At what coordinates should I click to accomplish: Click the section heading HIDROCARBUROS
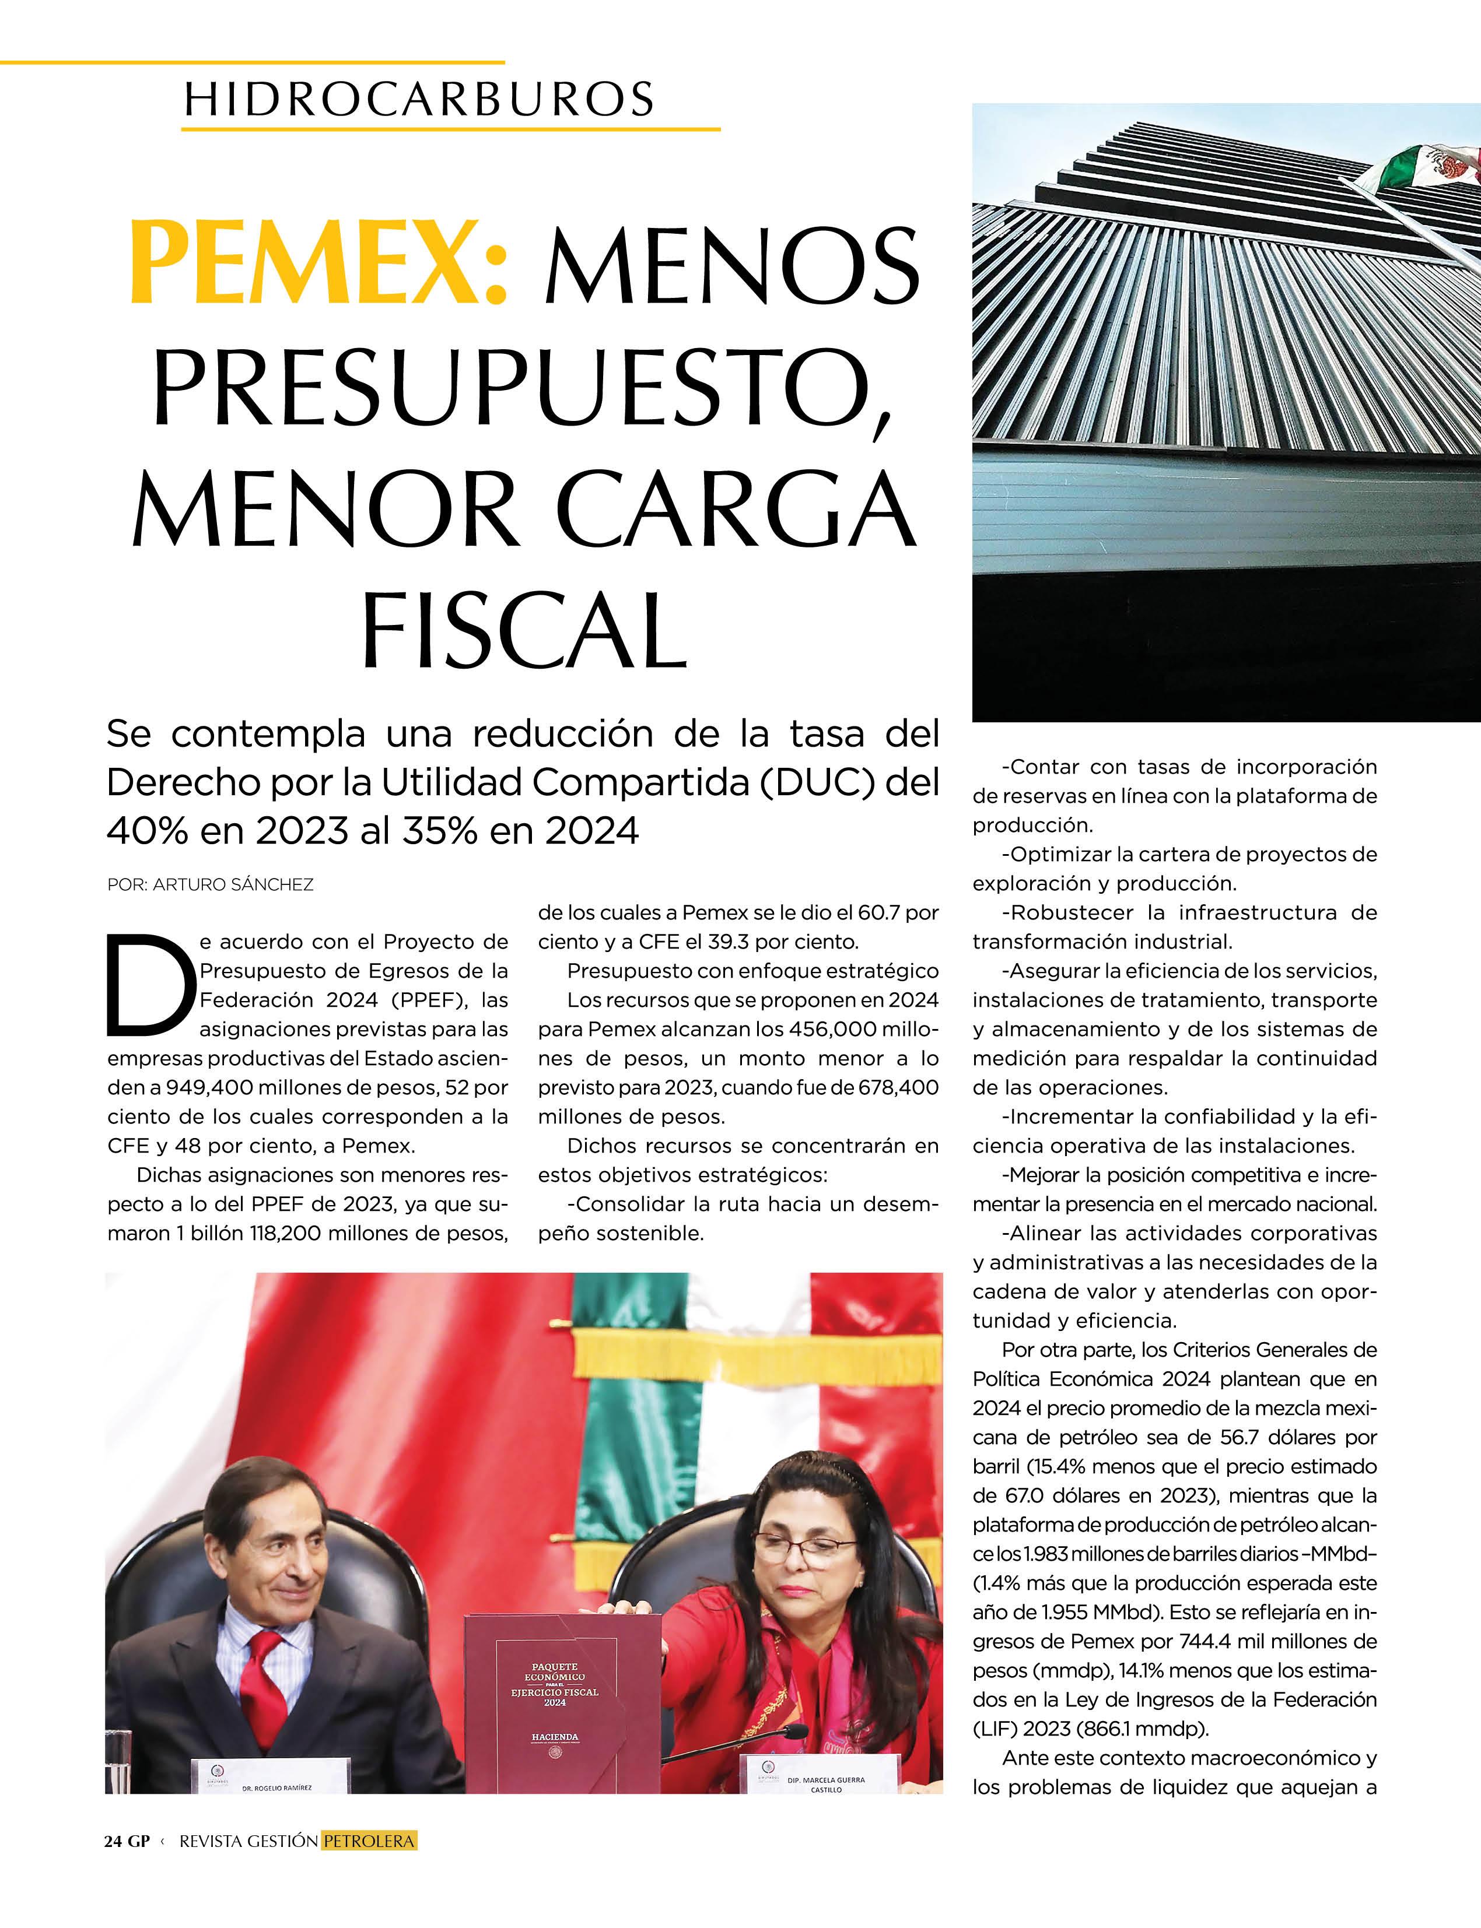coord(419,99)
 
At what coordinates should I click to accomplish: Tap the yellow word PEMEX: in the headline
coord(319,264)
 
